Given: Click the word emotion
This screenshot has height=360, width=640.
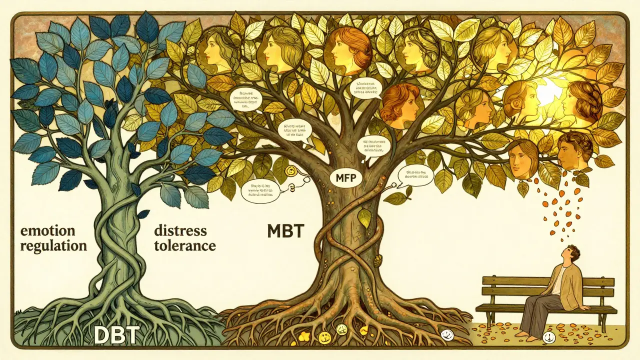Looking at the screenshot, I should [x=47, y=231].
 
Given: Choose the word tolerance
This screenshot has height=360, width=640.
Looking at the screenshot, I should [x=185, y=246].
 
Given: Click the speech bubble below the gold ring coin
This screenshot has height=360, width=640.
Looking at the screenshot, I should [x=260, y=190].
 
